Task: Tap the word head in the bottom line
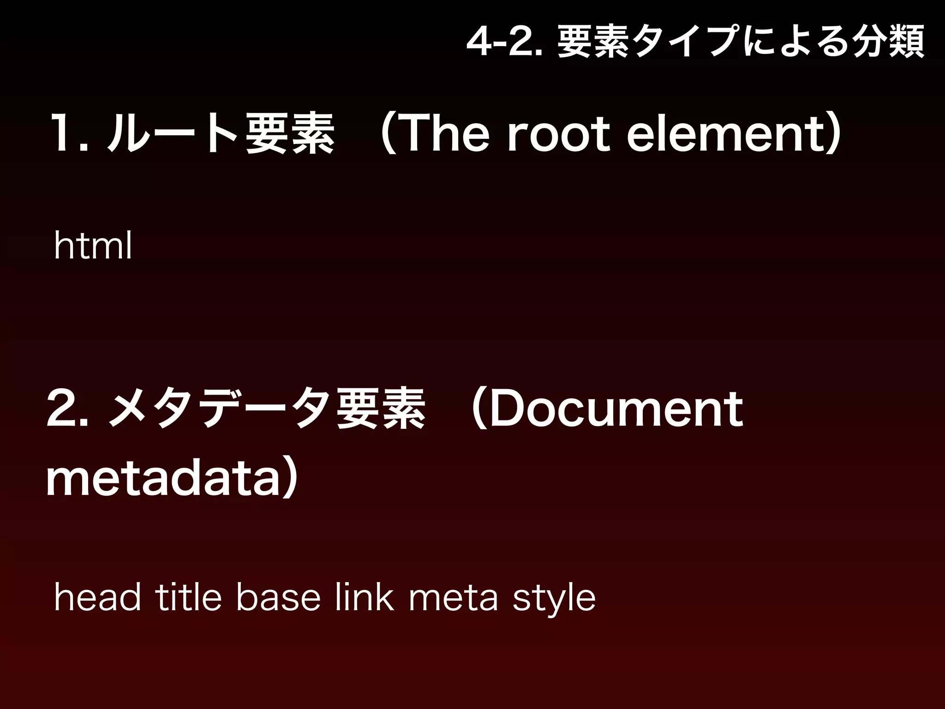pos(97,598)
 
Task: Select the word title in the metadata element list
pos(188,598)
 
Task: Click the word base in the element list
pos(278,598)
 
